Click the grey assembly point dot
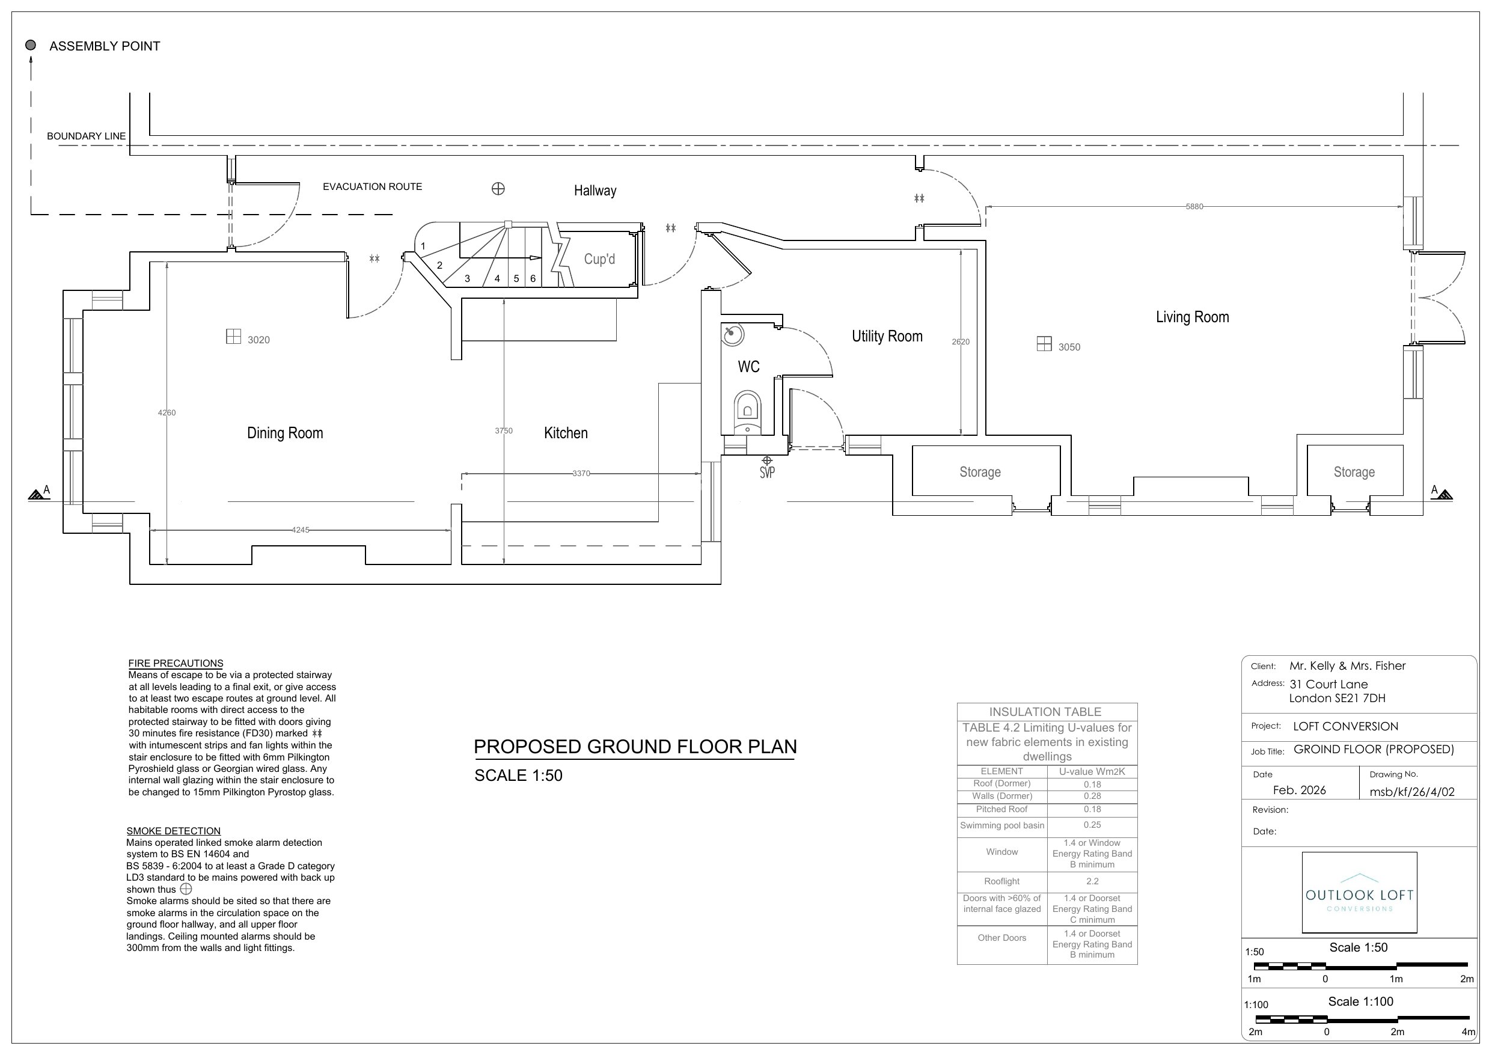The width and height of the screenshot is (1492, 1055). click(31, 45)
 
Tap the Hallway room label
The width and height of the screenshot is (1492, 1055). click(595, 191)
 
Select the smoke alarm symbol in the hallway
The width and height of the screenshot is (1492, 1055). click(498, 189)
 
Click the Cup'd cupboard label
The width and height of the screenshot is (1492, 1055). click(599, 258)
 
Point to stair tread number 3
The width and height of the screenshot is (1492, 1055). click(467, 279)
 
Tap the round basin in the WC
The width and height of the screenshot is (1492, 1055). click(733, 334)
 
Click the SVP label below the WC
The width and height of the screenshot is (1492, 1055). click(767, 472)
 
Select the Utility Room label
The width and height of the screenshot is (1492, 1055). click(887, 336)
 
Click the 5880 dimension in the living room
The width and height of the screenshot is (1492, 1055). click(1194, 207)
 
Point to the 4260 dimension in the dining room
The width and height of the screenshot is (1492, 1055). click(167, 412)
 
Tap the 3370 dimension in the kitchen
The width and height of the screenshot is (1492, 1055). click(581, 473)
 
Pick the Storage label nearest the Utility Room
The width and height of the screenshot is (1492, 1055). click(980, 472)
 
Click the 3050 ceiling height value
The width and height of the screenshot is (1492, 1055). click(1069, 347)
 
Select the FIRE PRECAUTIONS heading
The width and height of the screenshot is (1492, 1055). click(176, 664)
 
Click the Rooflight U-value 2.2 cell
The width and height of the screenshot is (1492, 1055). click(1092, 881)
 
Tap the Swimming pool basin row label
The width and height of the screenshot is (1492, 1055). click(1002, 825)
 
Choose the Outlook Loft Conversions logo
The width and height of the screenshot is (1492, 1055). click(1359, 893)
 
